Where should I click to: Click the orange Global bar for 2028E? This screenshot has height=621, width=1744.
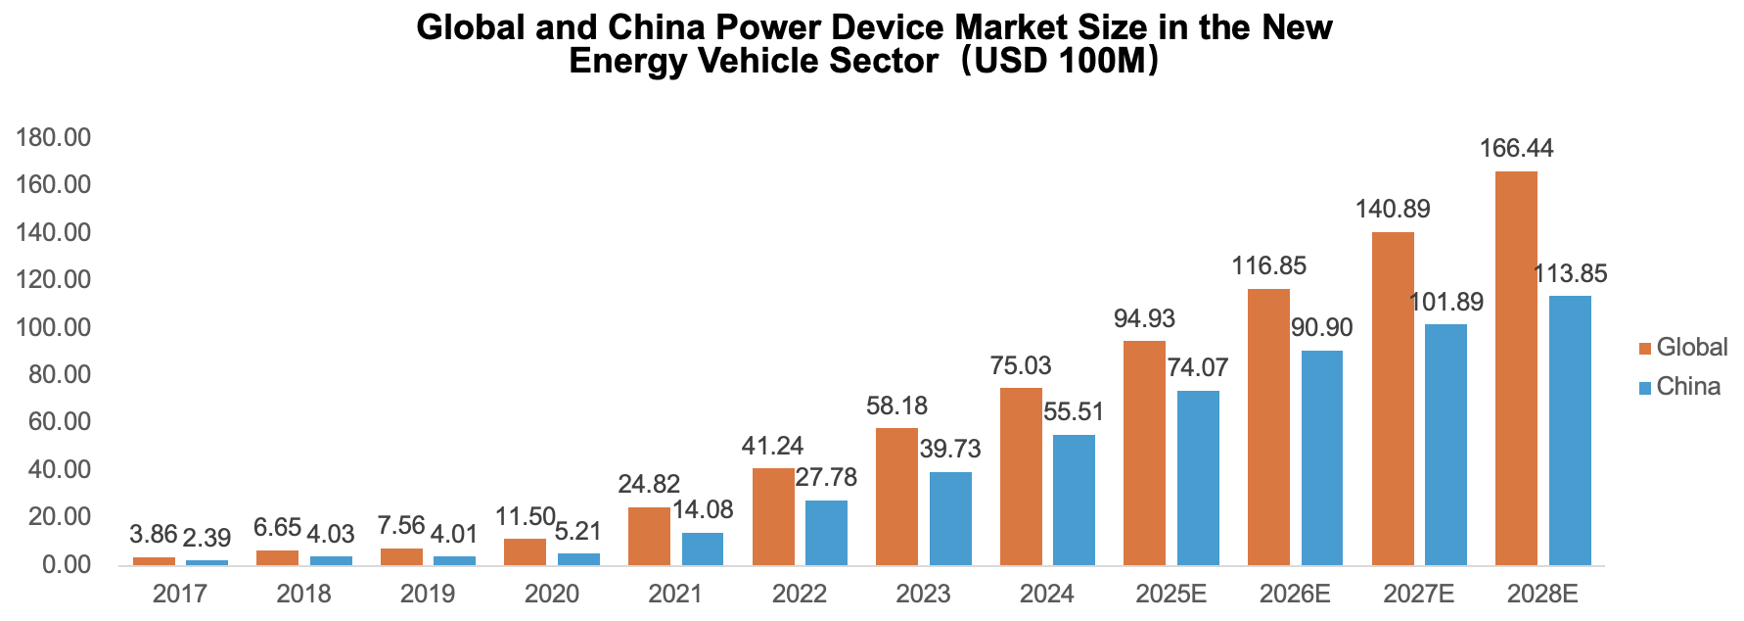(x=1516, y=368)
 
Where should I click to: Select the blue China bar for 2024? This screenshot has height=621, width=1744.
(x=1074, y=500)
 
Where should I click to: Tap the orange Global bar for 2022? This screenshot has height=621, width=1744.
(x=773, y=516)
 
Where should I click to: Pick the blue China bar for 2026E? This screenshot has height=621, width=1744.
(x=1321, y=457)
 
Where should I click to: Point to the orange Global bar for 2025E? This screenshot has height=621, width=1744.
(x=1144, y=453)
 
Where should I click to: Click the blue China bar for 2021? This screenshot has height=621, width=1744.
(x=703, y=549)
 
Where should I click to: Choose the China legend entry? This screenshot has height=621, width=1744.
(x=1679, y=387)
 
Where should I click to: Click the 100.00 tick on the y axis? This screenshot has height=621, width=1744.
(x=55, y=327)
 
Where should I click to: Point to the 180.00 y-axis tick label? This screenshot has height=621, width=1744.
(x=55, y=138)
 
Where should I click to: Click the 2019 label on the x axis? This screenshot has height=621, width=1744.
(x=428, y=594)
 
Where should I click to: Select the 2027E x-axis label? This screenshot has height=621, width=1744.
(x=1418, y=594)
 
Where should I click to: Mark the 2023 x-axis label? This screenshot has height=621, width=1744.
(x=923, y=594)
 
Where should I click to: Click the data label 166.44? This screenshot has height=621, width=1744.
(x=1516, y=149)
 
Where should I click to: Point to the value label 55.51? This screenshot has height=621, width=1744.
(x=1074, y=412)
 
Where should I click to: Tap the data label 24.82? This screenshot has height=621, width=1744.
(x=649, y=484)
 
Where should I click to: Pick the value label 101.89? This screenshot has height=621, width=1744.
(x=1446, y=302)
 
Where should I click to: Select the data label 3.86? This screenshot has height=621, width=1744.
(x=154, y=535)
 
